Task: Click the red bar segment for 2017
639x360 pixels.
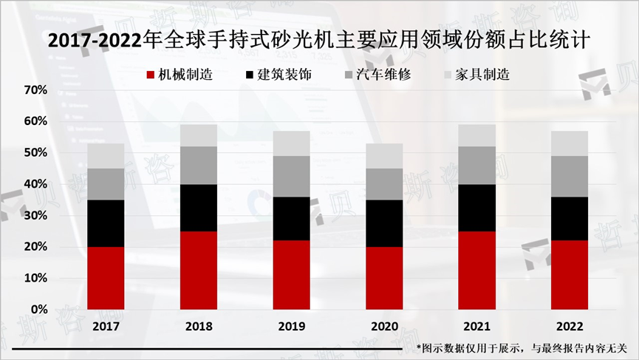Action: [106, 278]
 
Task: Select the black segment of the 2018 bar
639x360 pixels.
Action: [199, 208]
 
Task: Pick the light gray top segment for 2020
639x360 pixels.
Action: [385, 156]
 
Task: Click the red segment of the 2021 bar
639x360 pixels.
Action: [477, 270]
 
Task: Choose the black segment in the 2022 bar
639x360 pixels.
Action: [570, 219]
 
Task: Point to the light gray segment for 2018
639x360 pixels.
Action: [199, 135]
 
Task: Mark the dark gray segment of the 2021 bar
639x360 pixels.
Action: [477, 166]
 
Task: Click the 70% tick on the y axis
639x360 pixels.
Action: [35, 90]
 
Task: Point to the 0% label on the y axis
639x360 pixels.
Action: [38, 309]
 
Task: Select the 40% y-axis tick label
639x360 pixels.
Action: [35, 184]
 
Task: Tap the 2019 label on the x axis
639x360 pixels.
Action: [292, 326]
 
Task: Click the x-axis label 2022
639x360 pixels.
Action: [570, 326]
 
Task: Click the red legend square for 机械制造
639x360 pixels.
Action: [151, 75]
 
